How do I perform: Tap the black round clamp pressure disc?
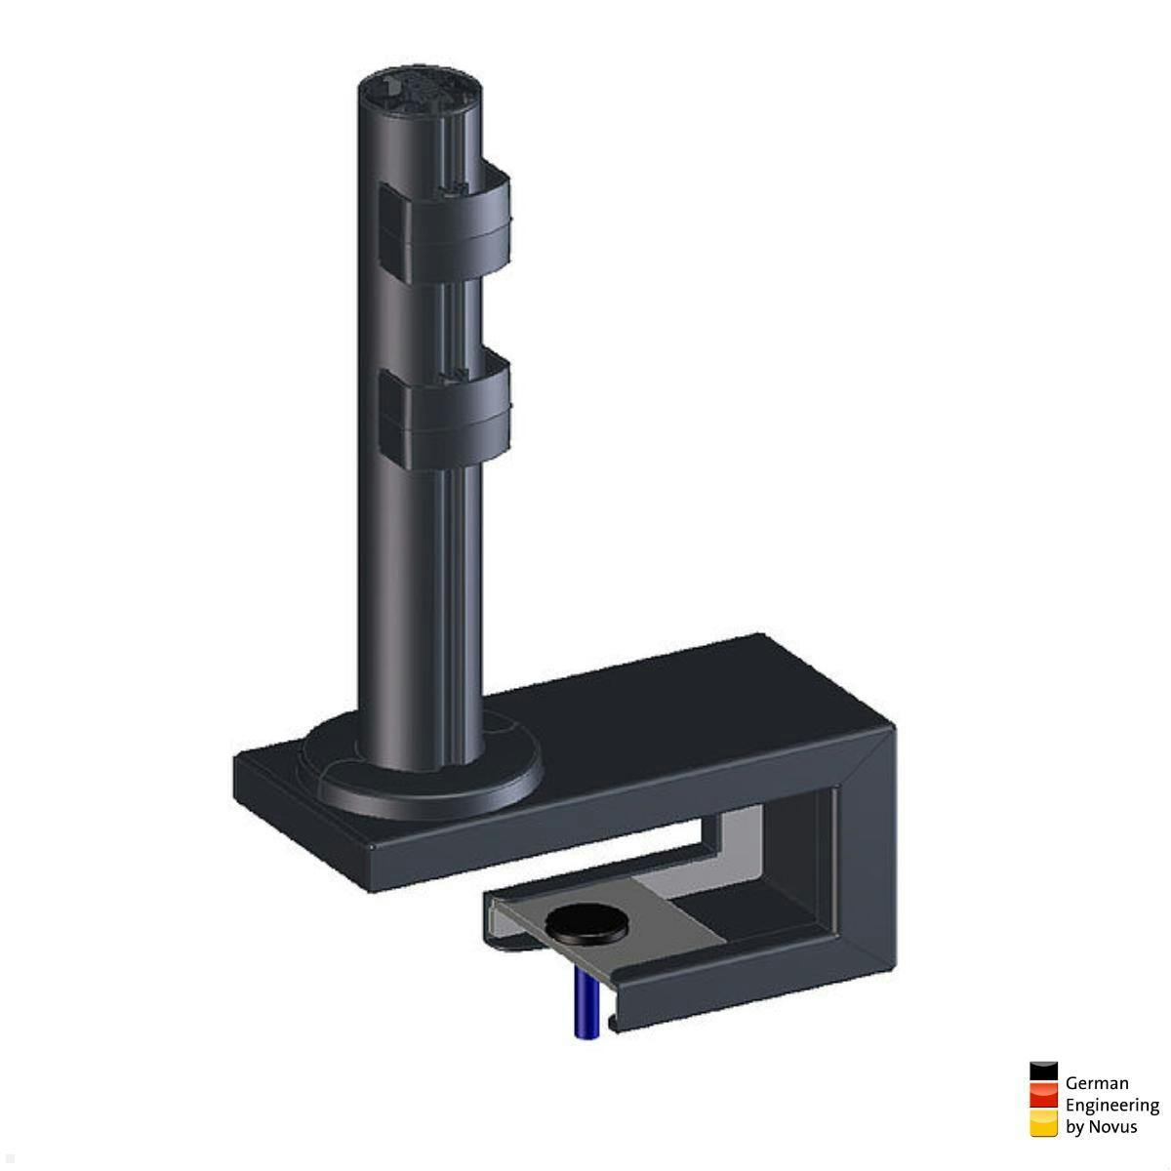click(x=586, y=921)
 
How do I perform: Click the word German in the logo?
click(x=1097, y=1082)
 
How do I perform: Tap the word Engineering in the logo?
click(x=1111, y=1105)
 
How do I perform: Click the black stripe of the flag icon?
click(x=1043, y=1072)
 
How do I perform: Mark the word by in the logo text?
click(x=1074, y=1127)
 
